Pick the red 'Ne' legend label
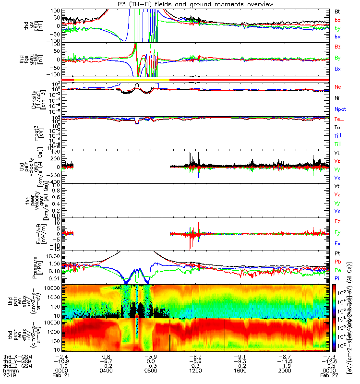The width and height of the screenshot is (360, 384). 337,87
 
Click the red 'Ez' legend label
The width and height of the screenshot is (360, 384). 337,221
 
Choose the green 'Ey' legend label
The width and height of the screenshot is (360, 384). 337,232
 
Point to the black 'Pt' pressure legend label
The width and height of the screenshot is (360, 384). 337,253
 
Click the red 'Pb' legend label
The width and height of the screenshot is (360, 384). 337,262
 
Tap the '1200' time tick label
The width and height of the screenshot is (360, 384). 196,371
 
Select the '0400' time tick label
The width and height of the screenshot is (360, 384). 108,371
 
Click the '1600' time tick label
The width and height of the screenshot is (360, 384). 240,371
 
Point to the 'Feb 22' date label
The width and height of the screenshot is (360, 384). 329,376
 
